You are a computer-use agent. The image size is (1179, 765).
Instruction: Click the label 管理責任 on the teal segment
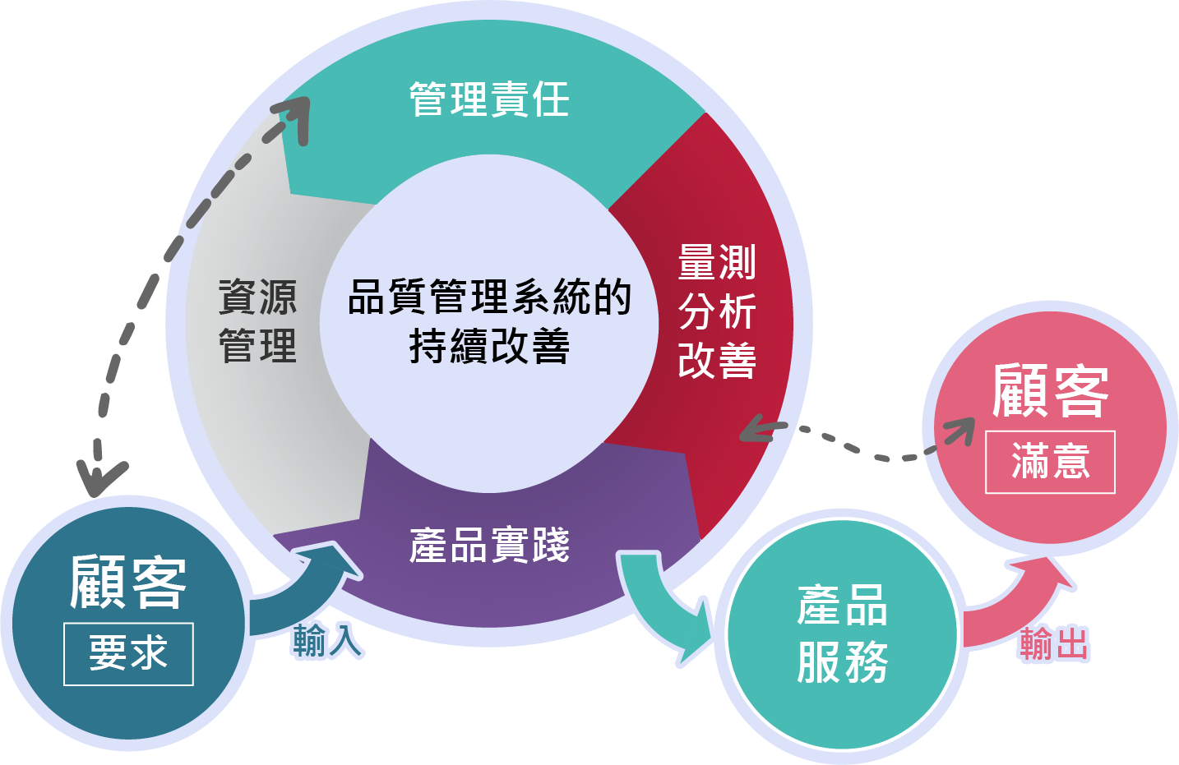(489, 100)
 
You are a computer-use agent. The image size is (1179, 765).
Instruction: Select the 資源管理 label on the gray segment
(257, 320)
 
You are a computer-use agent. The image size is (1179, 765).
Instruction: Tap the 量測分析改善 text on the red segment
(717, 311)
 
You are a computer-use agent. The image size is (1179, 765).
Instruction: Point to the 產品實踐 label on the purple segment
(489, 545)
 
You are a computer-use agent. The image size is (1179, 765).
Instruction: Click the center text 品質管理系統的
(489, 297)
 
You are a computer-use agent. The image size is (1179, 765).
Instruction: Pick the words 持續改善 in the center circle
(489, 346)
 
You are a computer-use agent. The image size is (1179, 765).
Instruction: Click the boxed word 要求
(128, 654)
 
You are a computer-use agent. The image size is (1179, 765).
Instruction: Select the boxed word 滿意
(1050, 462)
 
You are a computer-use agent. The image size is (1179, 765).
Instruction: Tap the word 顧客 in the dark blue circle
(128, 582)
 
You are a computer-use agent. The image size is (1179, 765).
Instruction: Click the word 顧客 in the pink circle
(1050, 391)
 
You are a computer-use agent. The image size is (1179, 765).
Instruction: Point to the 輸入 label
(327, 640)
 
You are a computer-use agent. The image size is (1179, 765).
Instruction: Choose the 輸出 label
(1054, 643)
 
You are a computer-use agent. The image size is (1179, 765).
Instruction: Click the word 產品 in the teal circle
(842, 606)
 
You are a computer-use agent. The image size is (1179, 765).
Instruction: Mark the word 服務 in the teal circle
(842, 662)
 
